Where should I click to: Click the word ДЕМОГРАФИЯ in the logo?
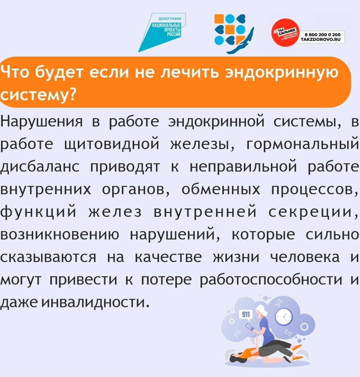(x=170, y=19)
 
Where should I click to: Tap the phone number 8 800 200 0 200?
(x=323, y=35)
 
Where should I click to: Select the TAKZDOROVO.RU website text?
(x=321, y=40)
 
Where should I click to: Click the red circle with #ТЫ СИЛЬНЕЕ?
(x=286, y=33)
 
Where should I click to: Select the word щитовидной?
(x=112, y=144)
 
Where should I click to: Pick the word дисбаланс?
(x=39, y=166)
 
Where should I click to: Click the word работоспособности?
(x=271, y=279)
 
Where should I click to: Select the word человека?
(x=305, y=257)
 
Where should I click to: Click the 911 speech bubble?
(x=245, y=315)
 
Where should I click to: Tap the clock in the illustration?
(x=284, y=316)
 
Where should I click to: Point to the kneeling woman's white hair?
(x=261, y=310)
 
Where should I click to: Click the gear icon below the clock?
(x=304, y=327)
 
